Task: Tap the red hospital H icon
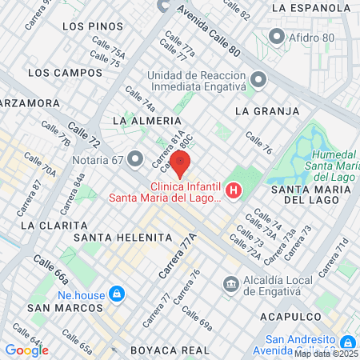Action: click(x=234, y=190)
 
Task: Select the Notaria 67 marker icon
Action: click(x=135, y=158)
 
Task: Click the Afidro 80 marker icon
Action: click(x=277, y=36)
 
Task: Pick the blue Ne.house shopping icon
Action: click(x=117, y=294)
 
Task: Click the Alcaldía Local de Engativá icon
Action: click(x=231, y=283)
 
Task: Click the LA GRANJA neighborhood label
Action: click(x=267, y=110)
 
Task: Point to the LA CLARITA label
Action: click(x=49, y=226)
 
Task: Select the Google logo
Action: click(x=26, y=350)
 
